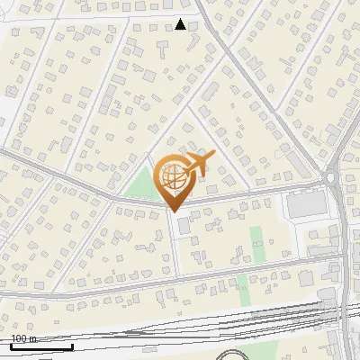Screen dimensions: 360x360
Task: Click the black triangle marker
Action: (180, 24)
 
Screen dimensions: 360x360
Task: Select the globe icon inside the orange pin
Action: (174, 177)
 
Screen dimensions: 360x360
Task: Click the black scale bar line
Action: (41, 347)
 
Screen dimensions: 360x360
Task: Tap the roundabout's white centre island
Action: (333, 179)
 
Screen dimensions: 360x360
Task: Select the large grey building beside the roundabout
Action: (304, 205)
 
